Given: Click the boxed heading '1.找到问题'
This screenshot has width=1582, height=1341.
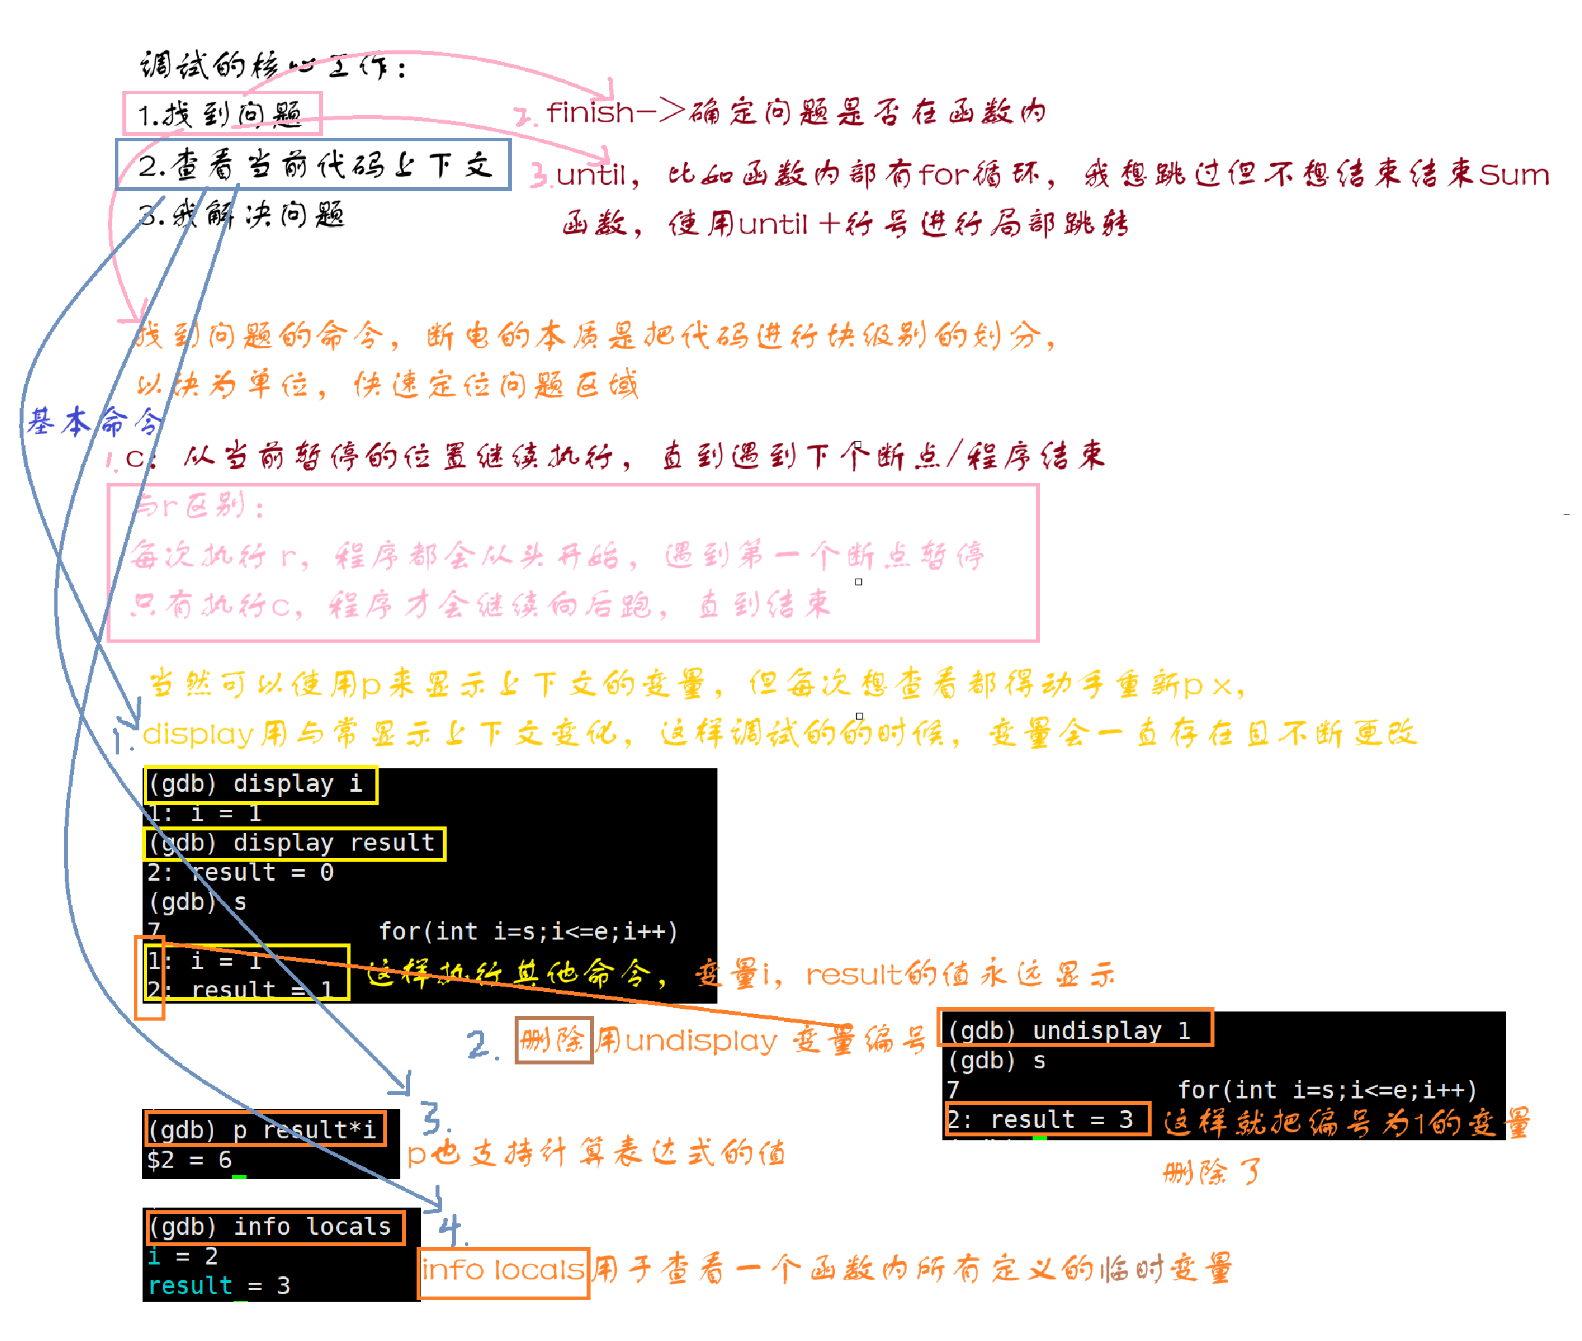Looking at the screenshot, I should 222,114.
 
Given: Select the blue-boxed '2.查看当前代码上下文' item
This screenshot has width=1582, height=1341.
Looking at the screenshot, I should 313,165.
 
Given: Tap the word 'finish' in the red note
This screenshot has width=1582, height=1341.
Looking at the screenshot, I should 590,112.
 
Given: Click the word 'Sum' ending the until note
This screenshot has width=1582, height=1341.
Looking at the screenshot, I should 1513,175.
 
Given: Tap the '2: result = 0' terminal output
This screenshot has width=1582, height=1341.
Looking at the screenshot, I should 240,873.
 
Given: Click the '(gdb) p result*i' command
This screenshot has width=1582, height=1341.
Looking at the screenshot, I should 262,1130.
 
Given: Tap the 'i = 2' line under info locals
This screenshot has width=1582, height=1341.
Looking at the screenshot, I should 183,1257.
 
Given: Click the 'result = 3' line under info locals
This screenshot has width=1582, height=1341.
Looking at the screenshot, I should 219,1286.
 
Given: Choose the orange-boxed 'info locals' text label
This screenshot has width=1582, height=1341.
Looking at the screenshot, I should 502,1270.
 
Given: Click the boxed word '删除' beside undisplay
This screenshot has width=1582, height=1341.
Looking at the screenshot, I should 553,1040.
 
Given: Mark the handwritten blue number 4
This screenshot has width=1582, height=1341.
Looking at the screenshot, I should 451,1229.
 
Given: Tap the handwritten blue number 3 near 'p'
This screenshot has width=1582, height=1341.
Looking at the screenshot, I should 434,1117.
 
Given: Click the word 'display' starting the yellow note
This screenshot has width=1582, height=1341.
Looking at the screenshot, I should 197,734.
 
